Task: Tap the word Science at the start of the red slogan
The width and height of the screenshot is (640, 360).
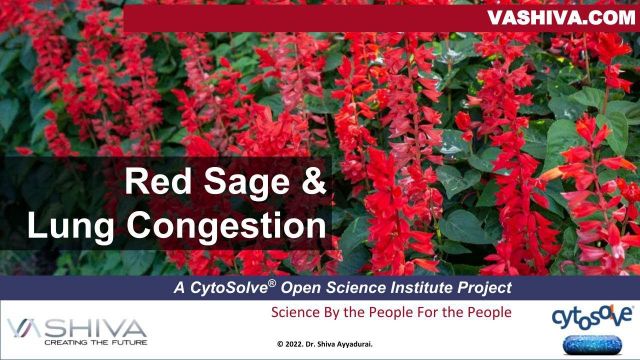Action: [x=298, y=313]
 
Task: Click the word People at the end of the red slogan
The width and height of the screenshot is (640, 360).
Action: [x=487, y=313]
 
